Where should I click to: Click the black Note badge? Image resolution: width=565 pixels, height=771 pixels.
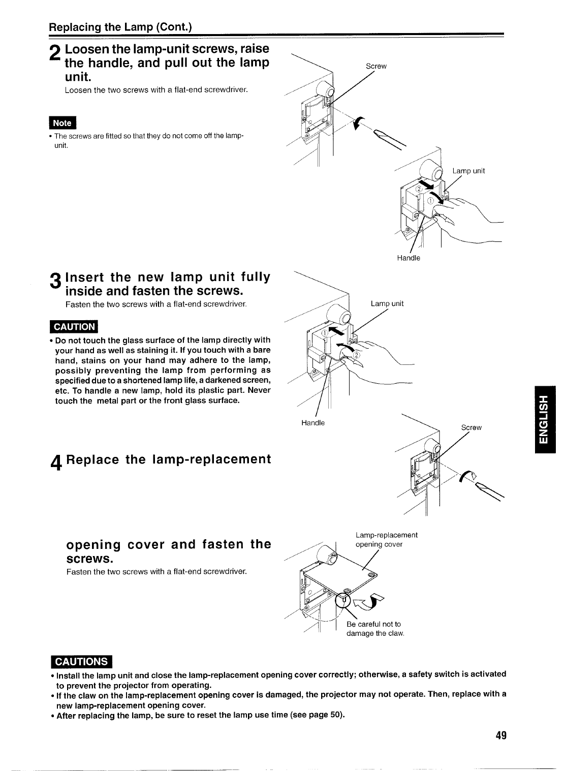tap(62, 123)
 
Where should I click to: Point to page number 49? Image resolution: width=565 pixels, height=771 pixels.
tap(501, 736)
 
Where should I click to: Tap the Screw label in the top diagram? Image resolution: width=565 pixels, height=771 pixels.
tap(376, 67)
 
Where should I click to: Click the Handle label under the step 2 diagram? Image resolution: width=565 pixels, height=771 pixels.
tap(409, 258)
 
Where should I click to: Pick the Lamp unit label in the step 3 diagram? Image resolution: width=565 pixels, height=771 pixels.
tap(387, 304)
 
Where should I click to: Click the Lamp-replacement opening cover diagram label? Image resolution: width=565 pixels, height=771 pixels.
tap(386, 540)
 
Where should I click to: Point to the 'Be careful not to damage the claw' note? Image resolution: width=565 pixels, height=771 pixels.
tap(375, 629)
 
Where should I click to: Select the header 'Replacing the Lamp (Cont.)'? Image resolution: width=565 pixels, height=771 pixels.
tap(120, 26)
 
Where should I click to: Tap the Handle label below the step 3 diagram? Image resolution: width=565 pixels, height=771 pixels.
tap(313, 423)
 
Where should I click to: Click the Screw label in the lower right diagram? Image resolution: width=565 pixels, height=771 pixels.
tap(471, 427)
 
